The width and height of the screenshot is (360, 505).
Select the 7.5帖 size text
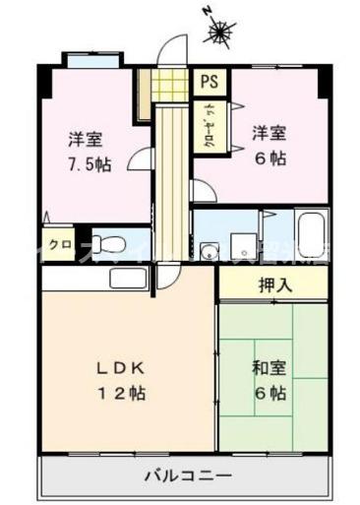pyautogui.click(x=90, y=163)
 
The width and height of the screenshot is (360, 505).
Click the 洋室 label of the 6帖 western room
pyautogui.click(x=268, y=132)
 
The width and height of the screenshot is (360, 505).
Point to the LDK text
pyautogui.click(x=121, y=369)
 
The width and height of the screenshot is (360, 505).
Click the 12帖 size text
pyautogui.click(x=121, y=393)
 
